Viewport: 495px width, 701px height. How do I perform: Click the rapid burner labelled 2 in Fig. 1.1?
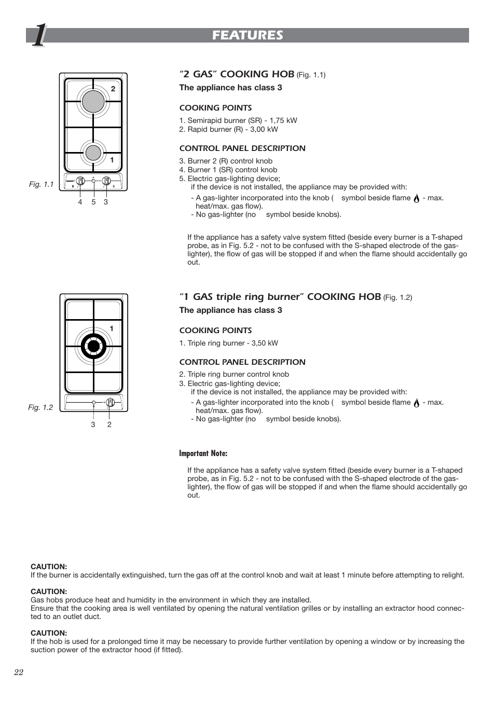pos(93,101)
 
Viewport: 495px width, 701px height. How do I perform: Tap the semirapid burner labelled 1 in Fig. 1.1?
pos(93,153)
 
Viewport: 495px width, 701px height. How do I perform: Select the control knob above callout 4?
pos(80,181)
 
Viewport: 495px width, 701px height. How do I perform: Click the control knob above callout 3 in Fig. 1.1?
pos(106,181)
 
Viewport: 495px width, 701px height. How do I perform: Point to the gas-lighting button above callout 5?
pos(93,181)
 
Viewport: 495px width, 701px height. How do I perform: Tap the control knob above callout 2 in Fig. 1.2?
pos(109,402)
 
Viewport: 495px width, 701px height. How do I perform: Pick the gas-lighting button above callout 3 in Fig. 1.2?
pos(93,403)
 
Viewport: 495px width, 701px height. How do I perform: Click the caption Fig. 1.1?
pos(41,185)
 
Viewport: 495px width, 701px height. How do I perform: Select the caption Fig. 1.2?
pos(40,408)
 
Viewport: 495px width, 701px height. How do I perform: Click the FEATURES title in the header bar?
pos(247,35)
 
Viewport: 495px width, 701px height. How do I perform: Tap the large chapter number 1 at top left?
pos(39,36)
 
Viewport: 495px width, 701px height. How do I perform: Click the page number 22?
pos(19,672)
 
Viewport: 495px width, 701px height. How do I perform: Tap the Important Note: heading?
pos(203,453)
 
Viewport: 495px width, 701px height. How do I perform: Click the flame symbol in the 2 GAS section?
pos(416,198)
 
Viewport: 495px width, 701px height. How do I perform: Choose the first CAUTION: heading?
pos(49,567)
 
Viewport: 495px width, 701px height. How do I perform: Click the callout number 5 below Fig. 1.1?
pos(93,202)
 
